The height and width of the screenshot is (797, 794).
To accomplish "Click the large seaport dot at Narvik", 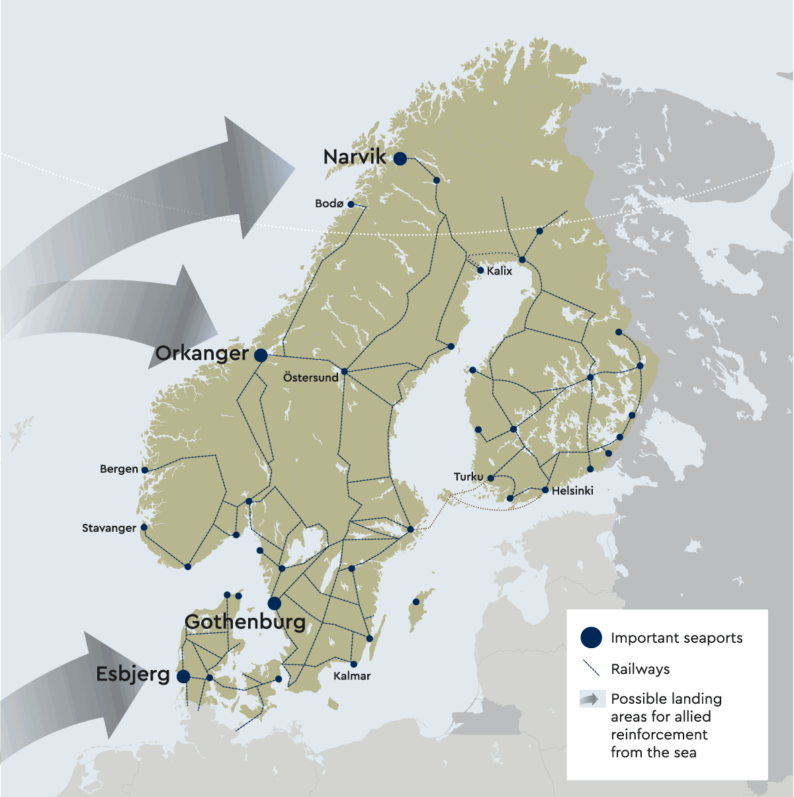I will click(x=400, y=159).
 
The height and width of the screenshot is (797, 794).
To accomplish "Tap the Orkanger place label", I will click(x=202, y=354).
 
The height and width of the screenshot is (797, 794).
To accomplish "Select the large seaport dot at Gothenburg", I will click(x=275, y=603).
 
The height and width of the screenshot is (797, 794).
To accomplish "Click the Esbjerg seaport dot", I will click(x=183, y=676).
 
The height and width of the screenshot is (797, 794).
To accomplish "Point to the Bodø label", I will click(x=329, y=204).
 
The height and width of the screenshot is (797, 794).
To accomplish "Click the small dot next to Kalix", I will click(x=480, y=270).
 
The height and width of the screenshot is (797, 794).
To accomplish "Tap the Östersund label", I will click(x=310, y=378).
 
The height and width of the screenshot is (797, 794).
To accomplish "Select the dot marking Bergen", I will click(x=145, y=470).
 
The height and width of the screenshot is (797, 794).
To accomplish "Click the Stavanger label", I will click(x=109, y=528).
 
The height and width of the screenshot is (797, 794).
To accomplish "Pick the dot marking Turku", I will click(x=491, y=478).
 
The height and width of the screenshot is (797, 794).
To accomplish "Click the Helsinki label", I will click(x=572, y=491).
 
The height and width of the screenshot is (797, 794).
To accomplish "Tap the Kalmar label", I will click(x=352, y=676).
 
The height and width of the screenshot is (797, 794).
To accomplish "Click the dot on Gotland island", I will click(x=416, y=602).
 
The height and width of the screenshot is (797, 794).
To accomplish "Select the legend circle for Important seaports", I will click(x=591, y=638).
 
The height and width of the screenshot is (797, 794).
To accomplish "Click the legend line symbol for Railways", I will click(x=590, y=668).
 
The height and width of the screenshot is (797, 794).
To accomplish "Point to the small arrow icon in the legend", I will click(x=592, y=699).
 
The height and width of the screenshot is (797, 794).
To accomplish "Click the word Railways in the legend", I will click(x=640, y=669).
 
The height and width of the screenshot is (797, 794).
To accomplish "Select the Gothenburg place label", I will click(x=245, y=622).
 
